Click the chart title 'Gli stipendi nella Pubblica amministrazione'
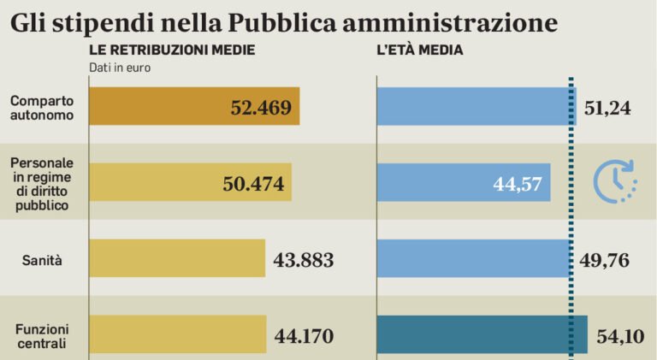pos(283,21)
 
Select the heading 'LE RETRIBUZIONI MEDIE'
pos(172,50)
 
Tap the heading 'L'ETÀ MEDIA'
pos(420,50)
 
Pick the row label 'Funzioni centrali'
pos(42,335)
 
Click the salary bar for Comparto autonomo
pos(194,106)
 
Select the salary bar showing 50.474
pos(190,182)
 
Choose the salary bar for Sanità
pos(177,258)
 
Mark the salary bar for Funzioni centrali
pos(177,334)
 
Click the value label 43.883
pos(304,260)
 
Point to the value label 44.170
pos(304,336)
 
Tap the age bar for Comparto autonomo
pos(476,106)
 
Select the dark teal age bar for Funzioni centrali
pos(482,334)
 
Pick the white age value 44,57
pos(518,184)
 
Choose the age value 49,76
pos(606,260)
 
